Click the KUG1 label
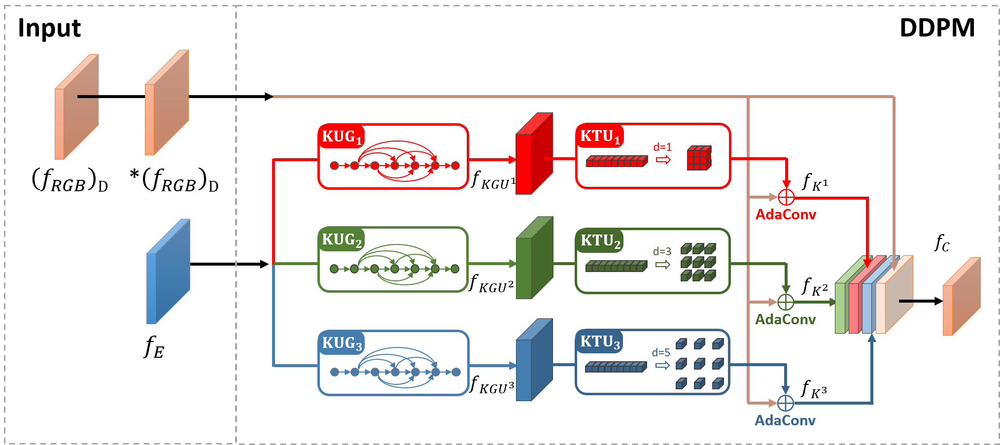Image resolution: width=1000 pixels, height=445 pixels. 342,137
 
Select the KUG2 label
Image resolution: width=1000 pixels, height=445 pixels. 342,240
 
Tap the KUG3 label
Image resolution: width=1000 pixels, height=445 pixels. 342,343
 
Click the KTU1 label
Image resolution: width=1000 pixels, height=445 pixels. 599,136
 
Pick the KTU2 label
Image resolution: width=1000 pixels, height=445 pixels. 600,240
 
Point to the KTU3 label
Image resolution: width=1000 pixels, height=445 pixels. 599,342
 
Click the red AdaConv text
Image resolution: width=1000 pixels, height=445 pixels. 786,214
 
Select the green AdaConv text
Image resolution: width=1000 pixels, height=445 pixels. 786,319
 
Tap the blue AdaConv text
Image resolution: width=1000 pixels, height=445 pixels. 785,420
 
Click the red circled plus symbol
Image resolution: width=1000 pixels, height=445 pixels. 786,197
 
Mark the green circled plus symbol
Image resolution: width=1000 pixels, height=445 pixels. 786,302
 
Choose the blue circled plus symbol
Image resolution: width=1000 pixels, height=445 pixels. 786,403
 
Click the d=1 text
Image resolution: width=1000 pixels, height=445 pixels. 662,147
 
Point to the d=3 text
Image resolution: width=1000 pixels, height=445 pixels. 662,251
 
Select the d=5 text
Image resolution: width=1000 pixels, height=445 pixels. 661,352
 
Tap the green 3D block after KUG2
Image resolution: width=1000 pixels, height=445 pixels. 533,258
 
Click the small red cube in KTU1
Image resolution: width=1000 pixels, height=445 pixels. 699,158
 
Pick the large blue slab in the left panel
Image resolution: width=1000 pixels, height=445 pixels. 168,272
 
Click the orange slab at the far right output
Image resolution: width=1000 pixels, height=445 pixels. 961,297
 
